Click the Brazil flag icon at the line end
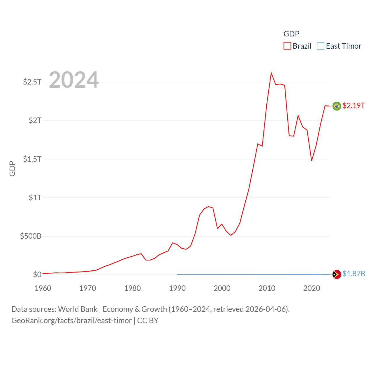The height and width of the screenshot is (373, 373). pyautogui.click(x=337, y=106)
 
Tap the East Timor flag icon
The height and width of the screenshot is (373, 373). pyautogui.click(x=337, y=274)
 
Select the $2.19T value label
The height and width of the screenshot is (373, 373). pyautogui.click(x=353, y=105)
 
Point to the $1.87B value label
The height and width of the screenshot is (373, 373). pyautogui.click(x=354, y=274)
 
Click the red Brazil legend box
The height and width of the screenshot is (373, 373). pyautogui.click(x=287, y=46)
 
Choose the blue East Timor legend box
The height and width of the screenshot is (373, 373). pyautogui.click(x=321, y=46)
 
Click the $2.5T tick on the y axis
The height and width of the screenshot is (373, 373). pyautogui.click(x=32, y=82)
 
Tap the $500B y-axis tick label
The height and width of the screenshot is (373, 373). pyautogui.click(x=31, y=236)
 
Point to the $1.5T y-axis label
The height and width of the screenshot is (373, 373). pyautogui.click(x=32, y=159)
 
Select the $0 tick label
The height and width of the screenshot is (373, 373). pyautogui.click(x=37, y=275)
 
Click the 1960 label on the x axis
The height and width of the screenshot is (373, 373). pyautogui.click(x=43, y=288)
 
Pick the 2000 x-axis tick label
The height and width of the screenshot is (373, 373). pyautogui.click(x=222, y=288)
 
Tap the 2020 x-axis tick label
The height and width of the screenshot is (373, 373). pyautogui.click(x=312, y=288)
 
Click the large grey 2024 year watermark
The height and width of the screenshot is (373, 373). pyautogui.click(x=74, y=80)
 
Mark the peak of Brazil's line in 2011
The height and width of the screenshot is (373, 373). pyautogui.click(x=271, y=73)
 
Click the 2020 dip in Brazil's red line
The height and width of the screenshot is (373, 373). pyautogui.click(x=312, y=160)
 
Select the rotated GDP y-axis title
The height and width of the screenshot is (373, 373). pyautogui.click(x=12, y=168)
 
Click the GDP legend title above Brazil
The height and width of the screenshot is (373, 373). pyautogui.click(x=291, y=34)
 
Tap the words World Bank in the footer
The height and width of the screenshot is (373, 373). pyautogui.click(x=78, y=309)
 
